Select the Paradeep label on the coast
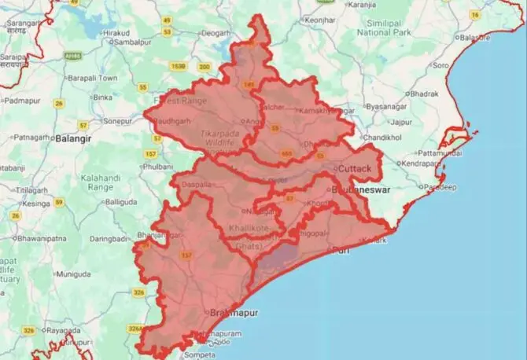point(440,188)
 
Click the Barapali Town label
point(91,78)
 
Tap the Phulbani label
point(158,167)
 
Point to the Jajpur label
point(401,123)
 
